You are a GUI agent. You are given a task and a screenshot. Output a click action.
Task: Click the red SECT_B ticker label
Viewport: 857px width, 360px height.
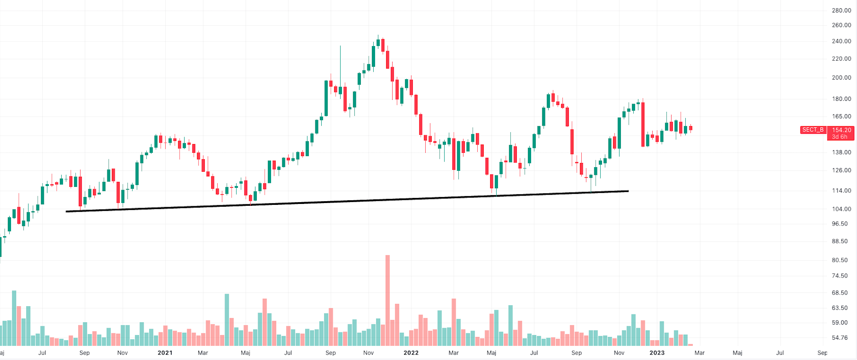tap(813, 130)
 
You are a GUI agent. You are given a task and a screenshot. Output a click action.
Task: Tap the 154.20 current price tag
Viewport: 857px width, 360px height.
tap(841, 130)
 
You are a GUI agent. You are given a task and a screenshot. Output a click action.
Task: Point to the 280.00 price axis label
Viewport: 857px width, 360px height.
tap(841, 10)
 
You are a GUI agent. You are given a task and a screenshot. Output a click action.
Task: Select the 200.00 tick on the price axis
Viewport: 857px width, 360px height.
tap(841, 77)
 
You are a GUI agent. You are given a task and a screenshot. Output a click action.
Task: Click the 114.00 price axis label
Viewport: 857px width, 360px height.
tap(841, 191)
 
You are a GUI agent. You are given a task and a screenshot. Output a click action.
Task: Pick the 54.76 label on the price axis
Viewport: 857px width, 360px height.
tap(841, 337)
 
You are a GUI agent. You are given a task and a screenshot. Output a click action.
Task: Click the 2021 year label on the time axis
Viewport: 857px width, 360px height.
tap(165, 353)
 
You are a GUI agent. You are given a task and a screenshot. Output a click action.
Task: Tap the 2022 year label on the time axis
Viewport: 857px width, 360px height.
tap(411, 353)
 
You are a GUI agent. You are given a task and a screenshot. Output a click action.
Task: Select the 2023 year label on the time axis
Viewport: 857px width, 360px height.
tap(657, 353)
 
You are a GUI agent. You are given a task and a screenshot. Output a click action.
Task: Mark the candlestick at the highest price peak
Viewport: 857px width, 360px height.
tap(378, 42)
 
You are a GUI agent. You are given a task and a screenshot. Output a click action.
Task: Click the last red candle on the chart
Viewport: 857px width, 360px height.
tap(690, 128)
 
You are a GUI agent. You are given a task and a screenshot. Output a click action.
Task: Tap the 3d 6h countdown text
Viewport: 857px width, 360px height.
tap(840, 137)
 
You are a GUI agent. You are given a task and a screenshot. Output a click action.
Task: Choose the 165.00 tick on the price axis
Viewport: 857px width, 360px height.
tap(841, 116)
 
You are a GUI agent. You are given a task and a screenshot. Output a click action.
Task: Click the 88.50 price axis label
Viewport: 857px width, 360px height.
tap(841, 241)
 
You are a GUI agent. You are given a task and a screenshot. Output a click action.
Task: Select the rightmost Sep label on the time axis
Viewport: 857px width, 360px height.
tap(822, 353)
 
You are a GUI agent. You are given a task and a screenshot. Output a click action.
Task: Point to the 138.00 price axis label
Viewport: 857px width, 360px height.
tap(841, 152)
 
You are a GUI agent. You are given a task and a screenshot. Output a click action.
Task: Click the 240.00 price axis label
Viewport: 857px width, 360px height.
tap(841, 41)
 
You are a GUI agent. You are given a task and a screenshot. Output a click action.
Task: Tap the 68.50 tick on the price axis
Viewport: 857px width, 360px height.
tap(841, 292)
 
